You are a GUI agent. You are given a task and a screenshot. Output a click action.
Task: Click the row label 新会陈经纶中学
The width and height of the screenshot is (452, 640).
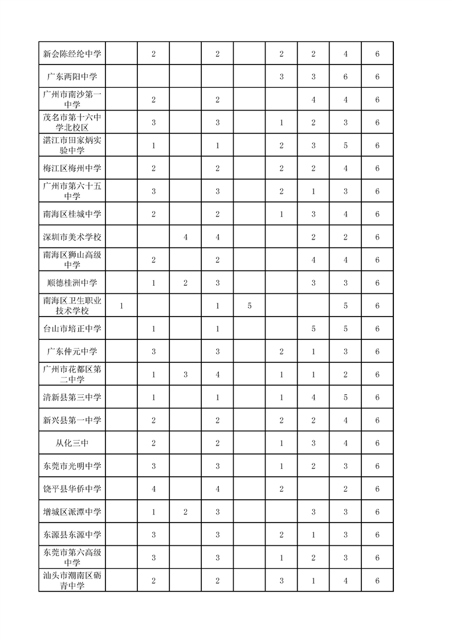pyautogui.click(x=72, y=54)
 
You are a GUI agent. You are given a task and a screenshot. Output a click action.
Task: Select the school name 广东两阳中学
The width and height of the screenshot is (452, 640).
pyautogui.click(x=72, y=77)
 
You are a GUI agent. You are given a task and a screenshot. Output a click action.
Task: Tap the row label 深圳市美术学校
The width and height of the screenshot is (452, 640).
pyautogui.click(x=72, y=237)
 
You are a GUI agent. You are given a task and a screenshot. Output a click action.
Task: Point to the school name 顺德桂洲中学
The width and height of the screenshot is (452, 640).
pyautogui.click(x=72, y=283)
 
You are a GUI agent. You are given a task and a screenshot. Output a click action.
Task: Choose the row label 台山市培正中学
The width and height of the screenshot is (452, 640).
pyautogui.click(x=72, y=329)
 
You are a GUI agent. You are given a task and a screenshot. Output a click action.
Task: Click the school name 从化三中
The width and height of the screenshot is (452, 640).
pyautogui.click(x=72, y=443)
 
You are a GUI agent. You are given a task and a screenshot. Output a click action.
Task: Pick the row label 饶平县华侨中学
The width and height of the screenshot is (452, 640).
pyautogui.click(x=72, y=489)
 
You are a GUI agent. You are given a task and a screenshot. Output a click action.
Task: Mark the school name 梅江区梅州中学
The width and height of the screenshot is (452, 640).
pyautogui.click(x=72, y=168)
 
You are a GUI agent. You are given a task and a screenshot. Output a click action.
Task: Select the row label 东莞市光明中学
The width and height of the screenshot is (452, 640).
pyautogui.click(x=72, y=466)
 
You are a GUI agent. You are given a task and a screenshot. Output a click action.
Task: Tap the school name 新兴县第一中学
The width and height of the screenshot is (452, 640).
pyautogui.click(x=72, y=420)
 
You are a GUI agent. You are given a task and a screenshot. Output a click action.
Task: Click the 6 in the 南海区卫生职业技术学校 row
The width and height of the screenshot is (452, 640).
pyautogui.click(x=377, y=306)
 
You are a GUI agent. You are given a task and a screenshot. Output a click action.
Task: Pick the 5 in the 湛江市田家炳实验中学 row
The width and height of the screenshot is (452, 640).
pyautogui.click(x=345, y=145)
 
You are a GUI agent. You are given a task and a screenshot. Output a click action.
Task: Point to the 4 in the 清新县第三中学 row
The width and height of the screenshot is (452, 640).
pyautogui.click(x=313, y=398)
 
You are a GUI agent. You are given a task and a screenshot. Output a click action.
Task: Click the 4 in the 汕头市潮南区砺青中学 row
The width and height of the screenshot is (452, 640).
pyautogui.click(x=345, y=580)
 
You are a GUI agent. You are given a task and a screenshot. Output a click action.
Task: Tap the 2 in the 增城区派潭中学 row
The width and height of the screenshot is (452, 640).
pyautogui.click(x=186, y=512)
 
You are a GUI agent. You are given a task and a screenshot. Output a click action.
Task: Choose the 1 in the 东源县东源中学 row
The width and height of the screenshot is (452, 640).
pyautogui.click(x=313, y=534)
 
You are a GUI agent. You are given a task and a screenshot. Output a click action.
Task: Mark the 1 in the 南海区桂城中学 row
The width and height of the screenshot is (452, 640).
pyautogui.click(x=282, y=214)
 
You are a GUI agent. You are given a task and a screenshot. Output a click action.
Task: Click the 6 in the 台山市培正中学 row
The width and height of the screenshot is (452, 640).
pyautogui.click(x=377, y=329)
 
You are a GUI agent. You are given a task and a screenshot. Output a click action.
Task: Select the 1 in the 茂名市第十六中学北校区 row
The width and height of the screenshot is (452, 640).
pyautogui.click(x=282, y=123)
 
